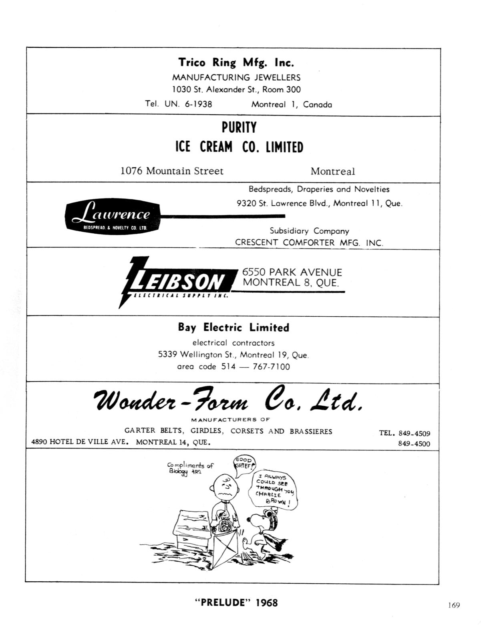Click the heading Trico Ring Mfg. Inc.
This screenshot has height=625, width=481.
[236, 63]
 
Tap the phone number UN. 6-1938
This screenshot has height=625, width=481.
[188, 104]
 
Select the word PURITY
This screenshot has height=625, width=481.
[239, 127]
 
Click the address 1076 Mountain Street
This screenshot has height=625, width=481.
[172, 171]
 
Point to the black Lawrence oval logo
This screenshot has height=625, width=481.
[113, 216]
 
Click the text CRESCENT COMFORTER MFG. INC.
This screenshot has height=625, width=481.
[309, 243]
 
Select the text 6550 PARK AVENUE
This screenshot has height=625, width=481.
[292, 272]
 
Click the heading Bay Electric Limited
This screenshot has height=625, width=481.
[233, 327]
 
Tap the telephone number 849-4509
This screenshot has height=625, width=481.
[415, 433]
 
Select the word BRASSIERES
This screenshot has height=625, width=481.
[311, 431]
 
